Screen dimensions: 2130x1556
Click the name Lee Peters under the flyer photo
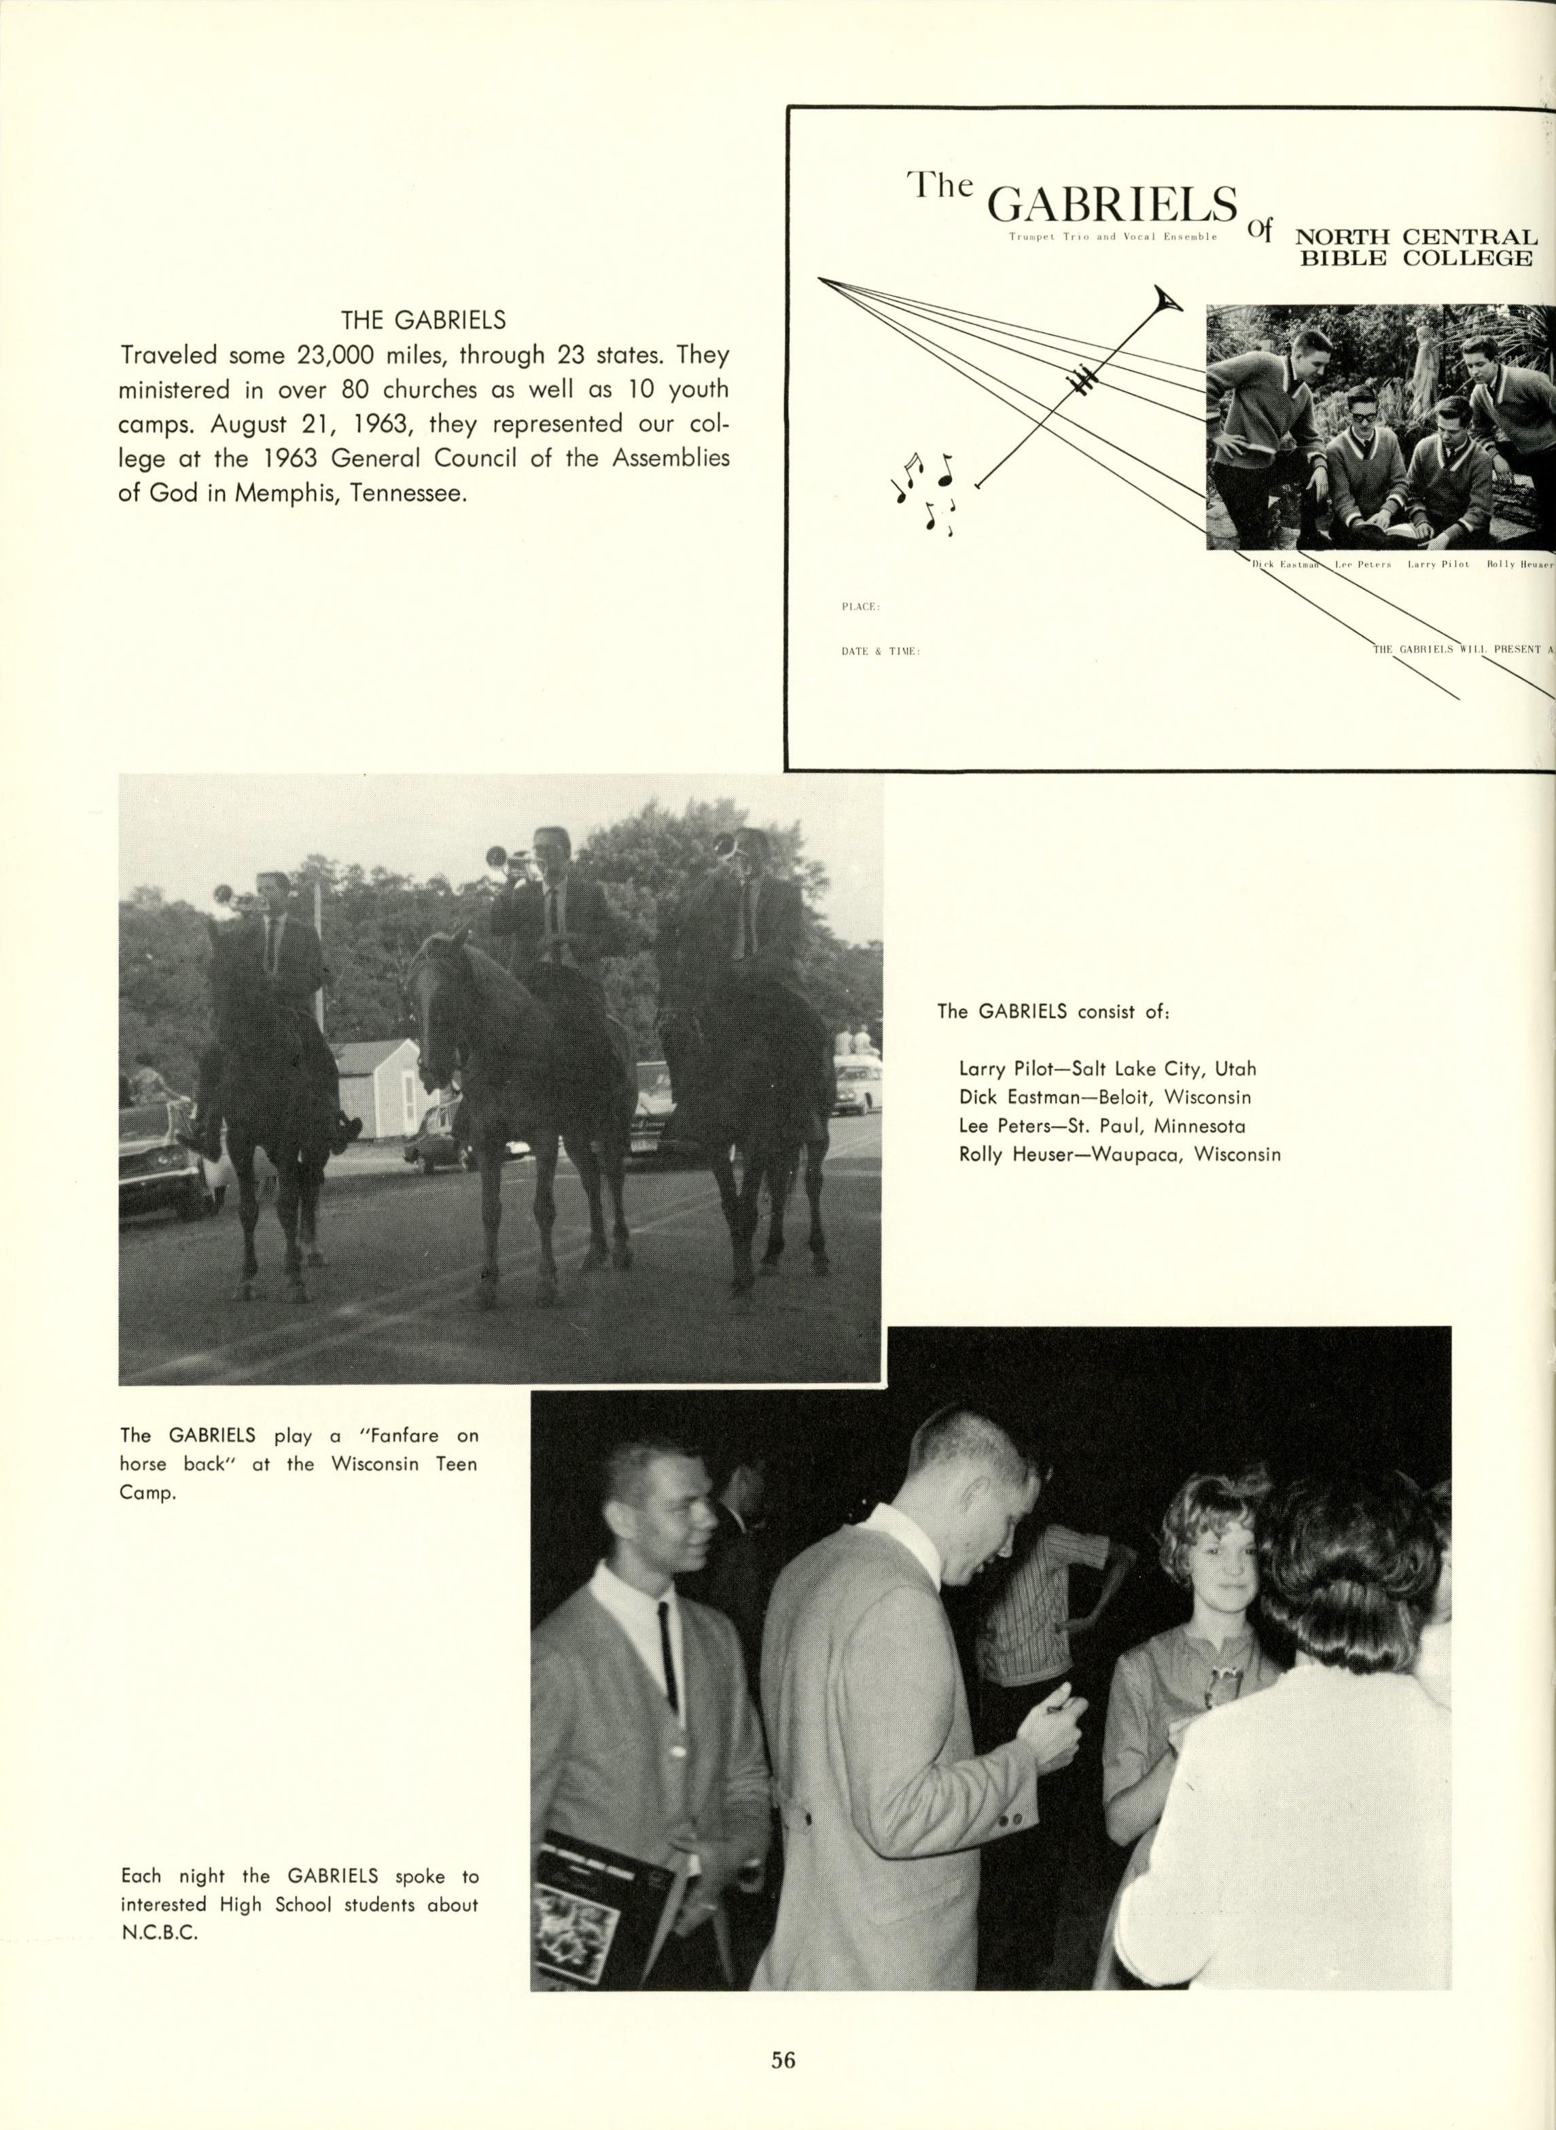coord(1356,564)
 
